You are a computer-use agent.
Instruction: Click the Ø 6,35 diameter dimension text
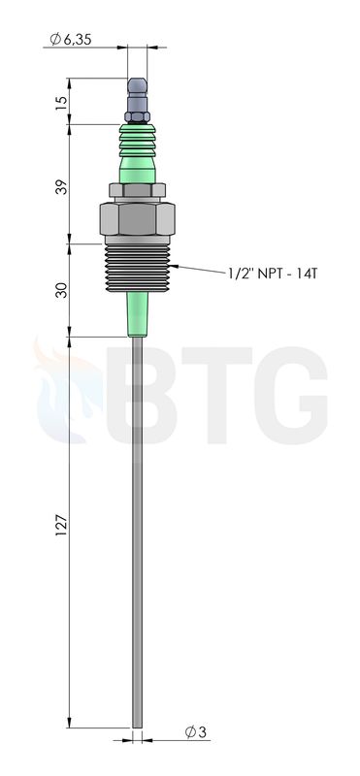coord(71,39)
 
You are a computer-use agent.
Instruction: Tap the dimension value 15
coord(61,103)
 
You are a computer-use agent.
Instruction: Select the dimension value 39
coord(61,186)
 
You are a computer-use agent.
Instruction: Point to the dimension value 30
coord(61,290)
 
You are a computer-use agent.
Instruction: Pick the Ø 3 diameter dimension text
coord(196,732)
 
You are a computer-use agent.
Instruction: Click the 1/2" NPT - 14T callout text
coord(273,274)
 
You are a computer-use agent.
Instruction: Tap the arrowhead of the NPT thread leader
coord(173,267)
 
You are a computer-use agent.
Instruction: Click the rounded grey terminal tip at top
coord(137,85)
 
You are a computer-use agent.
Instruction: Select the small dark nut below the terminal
coord(137,116)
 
